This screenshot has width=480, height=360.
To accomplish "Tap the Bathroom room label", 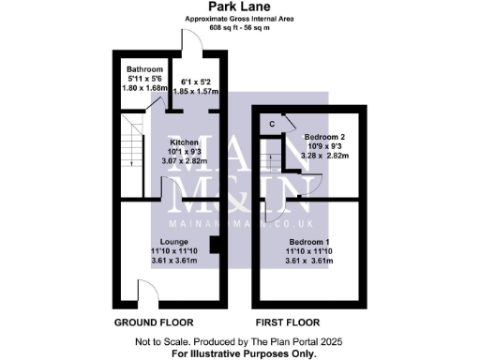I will pyautogui.click(x=145, y=69).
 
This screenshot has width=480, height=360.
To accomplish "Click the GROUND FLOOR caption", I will pyautogui.click(x=148, y=322).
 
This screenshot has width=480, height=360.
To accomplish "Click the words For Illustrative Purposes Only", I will pyautogui.click(x=239, y=353).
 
